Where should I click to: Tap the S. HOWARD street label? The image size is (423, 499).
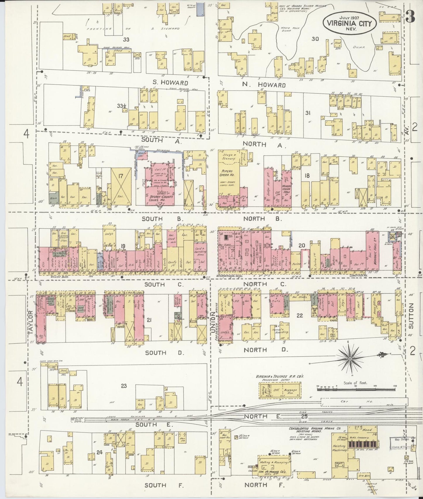[x=166, y=83]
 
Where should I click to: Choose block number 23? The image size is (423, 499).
[x=124, y=386]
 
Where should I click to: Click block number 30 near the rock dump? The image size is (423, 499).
[x=315, y=39]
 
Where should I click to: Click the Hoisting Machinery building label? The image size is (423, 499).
[x=339, y=448]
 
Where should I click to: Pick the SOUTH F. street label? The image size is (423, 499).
[x=164, y=485]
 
